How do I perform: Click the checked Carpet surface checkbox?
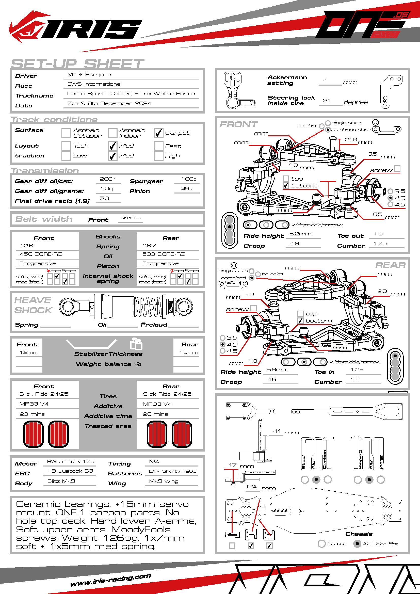(x=158, y=133)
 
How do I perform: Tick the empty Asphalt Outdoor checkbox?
(x=66, y=133)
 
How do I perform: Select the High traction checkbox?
(x=158, y=156)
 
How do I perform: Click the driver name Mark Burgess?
(x=89, y=75)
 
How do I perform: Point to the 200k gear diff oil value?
(x=108, y=179)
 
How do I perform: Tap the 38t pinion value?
(x=186, y=188)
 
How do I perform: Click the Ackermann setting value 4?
(x=325, y=81)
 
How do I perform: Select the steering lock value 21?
(x=327, y=100)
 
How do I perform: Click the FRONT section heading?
(x=238, y=124)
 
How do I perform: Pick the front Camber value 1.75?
(x=380, y=244)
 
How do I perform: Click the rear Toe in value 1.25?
(x=357, y=370)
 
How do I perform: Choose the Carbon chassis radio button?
(x=321, y=543)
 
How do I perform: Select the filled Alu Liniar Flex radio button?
(x=357, y=543)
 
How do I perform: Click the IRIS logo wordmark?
(x=90, y=29)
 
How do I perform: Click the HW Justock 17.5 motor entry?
(x=71, y=461)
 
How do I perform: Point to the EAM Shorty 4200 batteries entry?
(x=172, y=471)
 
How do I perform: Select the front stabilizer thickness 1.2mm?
(x=29, y=352)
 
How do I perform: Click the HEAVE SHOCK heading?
(x=33, y=305)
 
